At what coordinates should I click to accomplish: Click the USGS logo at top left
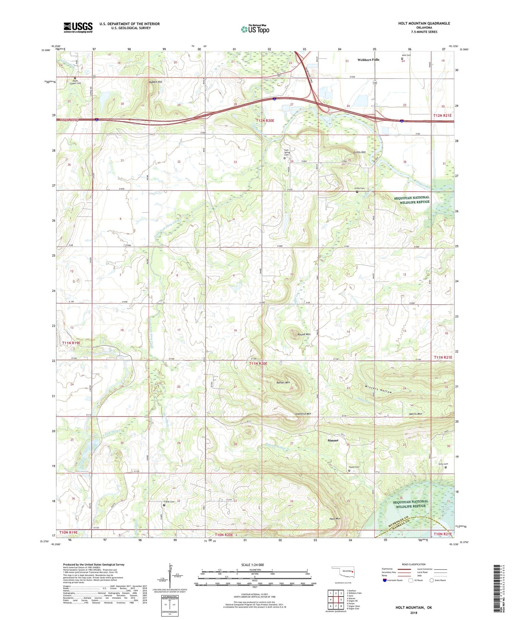click(78, 27)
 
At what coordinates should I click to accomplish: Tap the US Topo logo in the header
click(255, 29)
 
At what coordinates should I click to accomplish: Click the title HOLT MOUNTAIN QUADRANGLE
click(424, 23)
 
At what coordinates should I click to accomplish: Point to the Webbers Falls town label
click(368, 60)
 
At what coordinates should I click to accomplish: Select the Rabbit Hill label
click(155, 82)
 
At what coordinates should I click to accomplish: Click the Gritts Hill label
click(359, 152)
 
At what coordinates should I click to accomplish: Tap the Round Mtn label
click(304, 335)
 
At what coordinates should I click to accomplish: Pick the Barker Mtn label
click(283, 382)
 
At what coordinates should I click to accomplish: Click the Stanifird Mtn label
click(303, 414)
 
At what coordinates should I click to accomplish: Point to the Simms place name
click(333, 440)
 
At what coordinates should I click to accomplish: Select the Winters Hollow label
click(378, 389)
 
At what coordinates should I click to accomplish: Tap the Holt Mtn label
click(335, 519)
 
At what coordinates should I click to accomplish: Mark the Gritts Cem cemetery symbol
click(357, 192)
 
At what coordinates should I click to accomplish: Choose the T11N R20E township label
click(258, 364)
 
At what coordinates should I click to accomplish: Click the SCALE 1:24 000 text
click(252, 565)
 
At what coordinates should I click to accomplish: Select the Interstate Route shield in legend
click(385, 580)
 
